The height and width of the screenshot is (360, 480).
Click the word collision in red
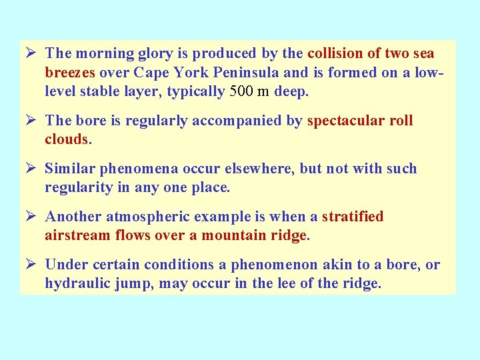coord(337,53)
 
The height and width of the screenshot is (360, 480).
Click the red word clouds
coord(66,139)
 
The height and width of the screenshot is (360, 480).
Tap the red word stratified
coord(353,217)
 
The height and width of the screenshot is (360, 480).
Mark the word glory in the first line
coord(148,54)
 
